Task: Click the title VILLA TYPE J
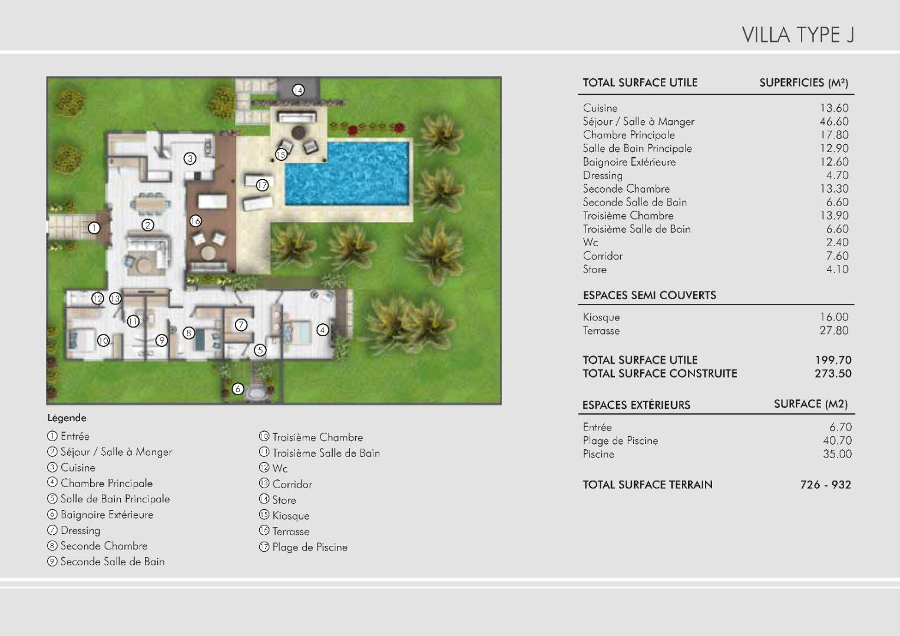click(798, 35)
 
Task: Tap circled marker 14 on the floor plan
click(297, 91)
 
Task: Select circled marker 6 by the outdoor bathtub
click(238, 389)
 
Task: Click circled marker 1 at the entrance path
click(94, 228)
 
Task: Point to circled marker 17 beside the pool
click(262, 185)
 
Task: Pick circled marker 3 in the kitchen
click(190, 158)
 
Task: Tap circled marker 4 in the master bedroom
click(323, 330)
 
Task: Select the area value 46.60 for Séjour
click(834, 121)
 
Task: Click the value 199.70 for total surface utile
click(833, 360)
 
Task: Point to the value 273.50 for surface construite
click(833, 373)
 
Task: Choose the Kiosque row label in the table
click(601, 317)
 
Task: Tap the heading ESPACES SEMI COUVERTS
click(649, 295)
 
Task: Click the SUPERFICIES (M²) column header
click(803, 83)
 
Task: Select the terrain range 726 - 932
click(826, 485)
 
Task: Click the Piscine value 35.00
click(838, 454)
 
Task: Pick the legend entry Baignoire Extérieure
click(100, 515)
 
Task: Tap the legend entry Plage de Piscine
click(303, 547)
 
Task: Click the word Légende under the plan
click(67, 418)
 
